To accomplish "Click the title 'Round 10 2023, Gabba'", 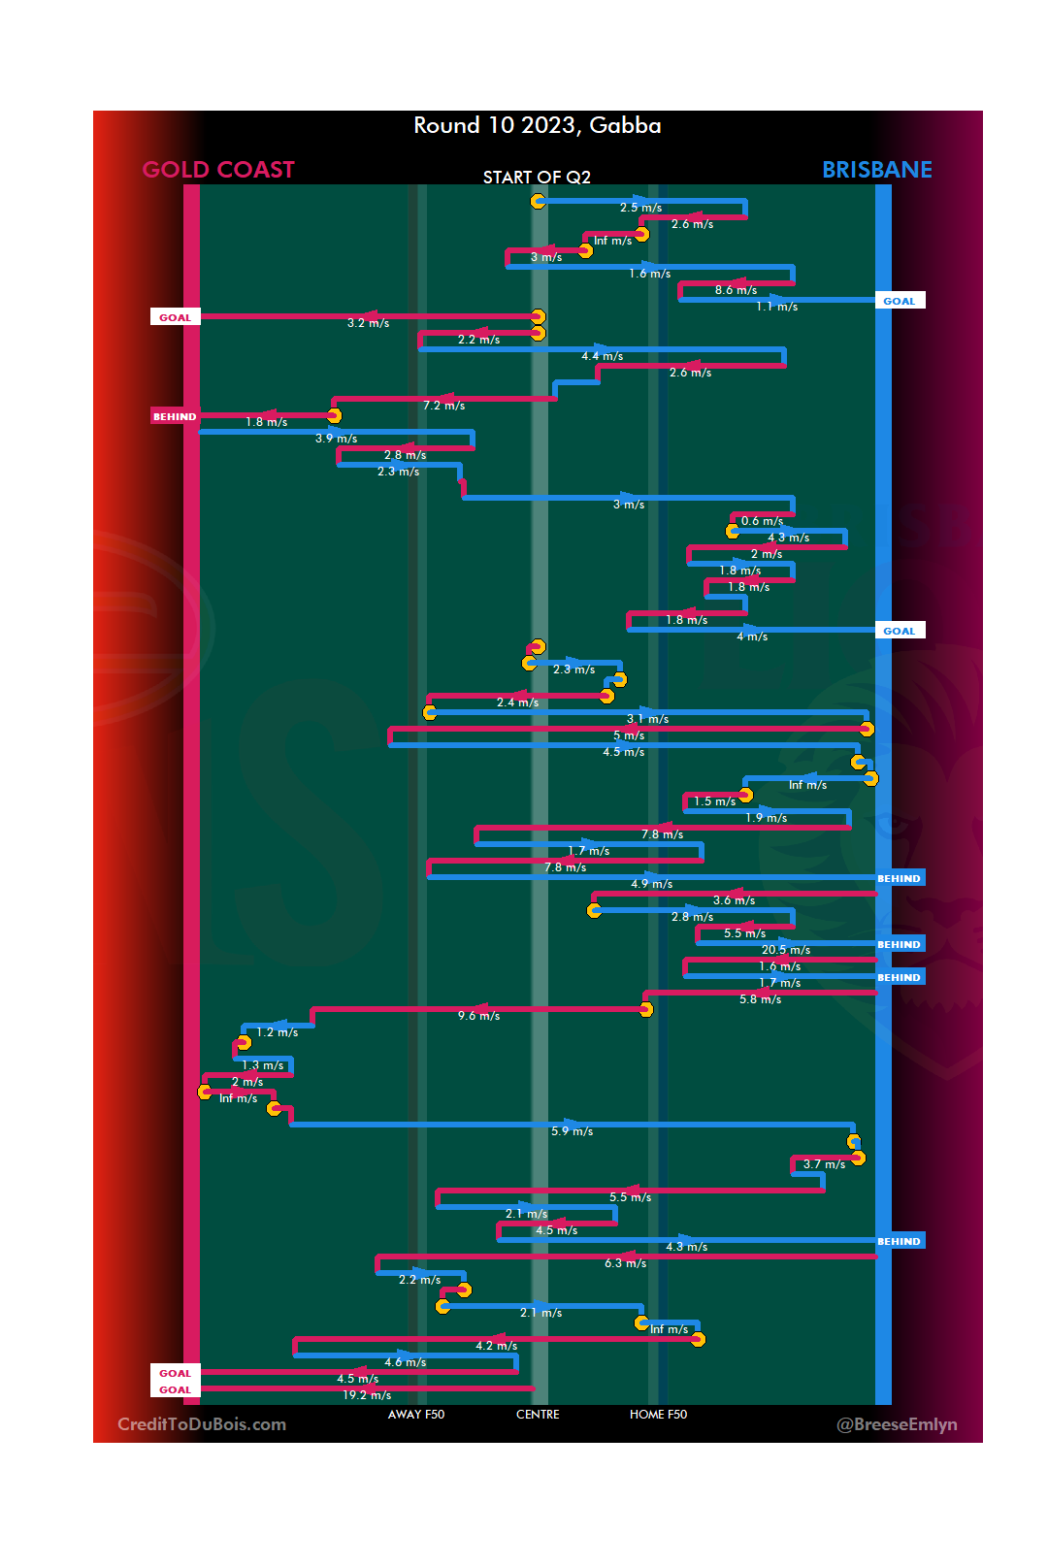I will coord(537,126).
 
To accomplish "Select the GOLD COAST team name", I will coord(218,170).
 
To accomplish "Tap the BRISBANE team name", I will coord(876,170).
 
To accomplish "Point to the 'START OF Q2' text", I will coord(537,178).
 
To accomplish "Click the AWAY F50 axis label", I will coord(415,1415).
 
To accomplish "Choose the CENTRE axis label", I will coord(538,1415).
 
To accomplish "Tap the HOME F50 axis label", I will coord(658,1415).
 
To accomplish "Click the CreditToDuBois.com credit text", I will coord(202,1424).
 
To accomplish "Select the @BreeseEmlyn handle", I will coord(897,1424).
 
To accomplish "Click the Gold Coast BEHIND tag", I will coord(175,416).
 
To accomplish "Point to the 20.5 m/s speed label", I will coord(785,950).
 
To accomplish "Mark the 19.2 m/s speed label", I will coord(367,1395).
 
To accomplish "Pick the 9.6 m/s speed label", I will coord(478,1016).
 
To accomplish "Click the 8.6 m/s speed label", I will coord(736,290).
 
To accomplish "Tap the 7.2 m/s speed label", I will coord(443,406).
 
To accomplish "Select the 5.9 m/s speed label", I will coord(572,1131).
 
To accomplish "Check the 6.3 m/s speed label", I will coord(625,1263).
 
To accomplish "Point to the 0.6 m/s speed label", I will coord(762,521).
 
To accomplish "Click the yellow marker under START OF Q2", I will coord(538,201).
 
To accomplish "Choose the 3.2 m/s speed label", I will coord(368,323).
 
